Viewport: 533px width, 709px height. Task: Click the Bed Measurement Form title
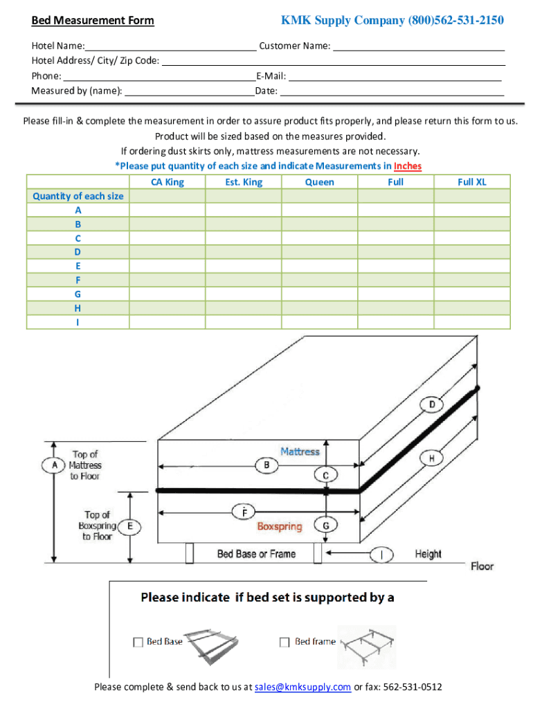(93, 21)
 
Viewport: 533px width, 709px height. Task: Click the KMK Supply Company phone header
(392, 21)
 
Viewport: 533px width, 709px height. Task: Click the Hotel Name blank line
(170, 47)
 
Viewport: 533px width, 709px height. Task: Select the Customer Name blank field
(419, 47)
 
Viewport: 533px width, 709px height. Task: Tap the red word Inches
(408, 166)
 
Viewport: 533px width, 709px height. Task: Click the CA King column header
(168, 182)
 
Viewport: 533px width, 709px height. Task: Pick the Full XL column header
(472, 182)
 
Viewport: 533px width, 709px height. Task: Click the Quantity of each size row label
(78, 196)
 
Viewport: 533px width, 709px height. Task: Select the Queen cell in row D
(320, 252)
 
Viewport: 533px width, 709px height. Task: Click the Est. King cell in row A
(244, 210)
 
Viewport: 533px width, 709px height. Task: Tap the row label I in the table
(78, 322)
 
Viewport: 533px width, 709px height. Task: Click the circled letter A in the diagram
(54, 465)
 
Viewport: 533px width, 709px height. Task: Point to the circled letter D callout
(432, 404)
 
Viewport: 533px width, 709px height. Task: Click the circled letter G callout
(326, 526)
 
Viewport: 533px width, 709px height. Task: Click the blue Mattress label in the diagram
(300, 451)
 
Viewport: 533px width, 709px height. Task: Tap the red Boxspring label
(280, 527)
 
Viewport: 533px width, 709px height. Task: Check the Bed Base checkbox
(138, 643)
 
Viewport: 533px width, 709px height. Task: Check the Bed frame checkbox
(284, 643)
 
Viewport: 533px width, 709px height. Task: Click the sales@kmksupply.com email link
(302, 688)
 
